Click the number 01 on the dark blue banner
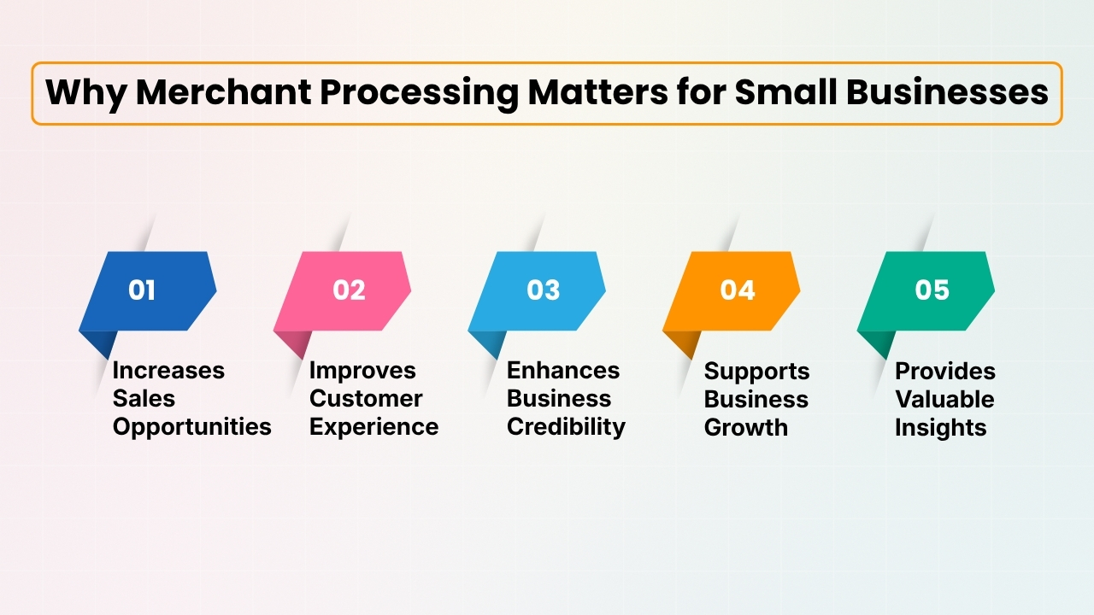coord(142,290)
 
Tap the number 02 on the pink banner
coord(349,290)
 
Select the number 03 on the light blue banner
coord(543,290)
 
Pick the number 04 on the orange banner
coord(737,290)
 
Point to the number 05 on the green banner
coord(932,290)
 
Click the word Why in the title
coord(84,93)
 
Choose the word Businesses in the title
coord(948,93)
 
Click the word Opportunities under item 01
coord(192,427)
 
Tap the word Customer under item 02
coord(366,399)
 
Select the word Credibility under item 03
coord(566,427)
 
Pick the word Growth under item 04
coord(746,428)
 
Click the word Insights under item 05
coord(940,428)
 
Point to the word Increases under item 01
coord(168,371)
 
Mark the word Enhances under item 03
coord(563,371)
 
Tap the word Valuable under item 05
coord(944,400)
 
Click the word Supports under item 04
coord(756,372)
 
